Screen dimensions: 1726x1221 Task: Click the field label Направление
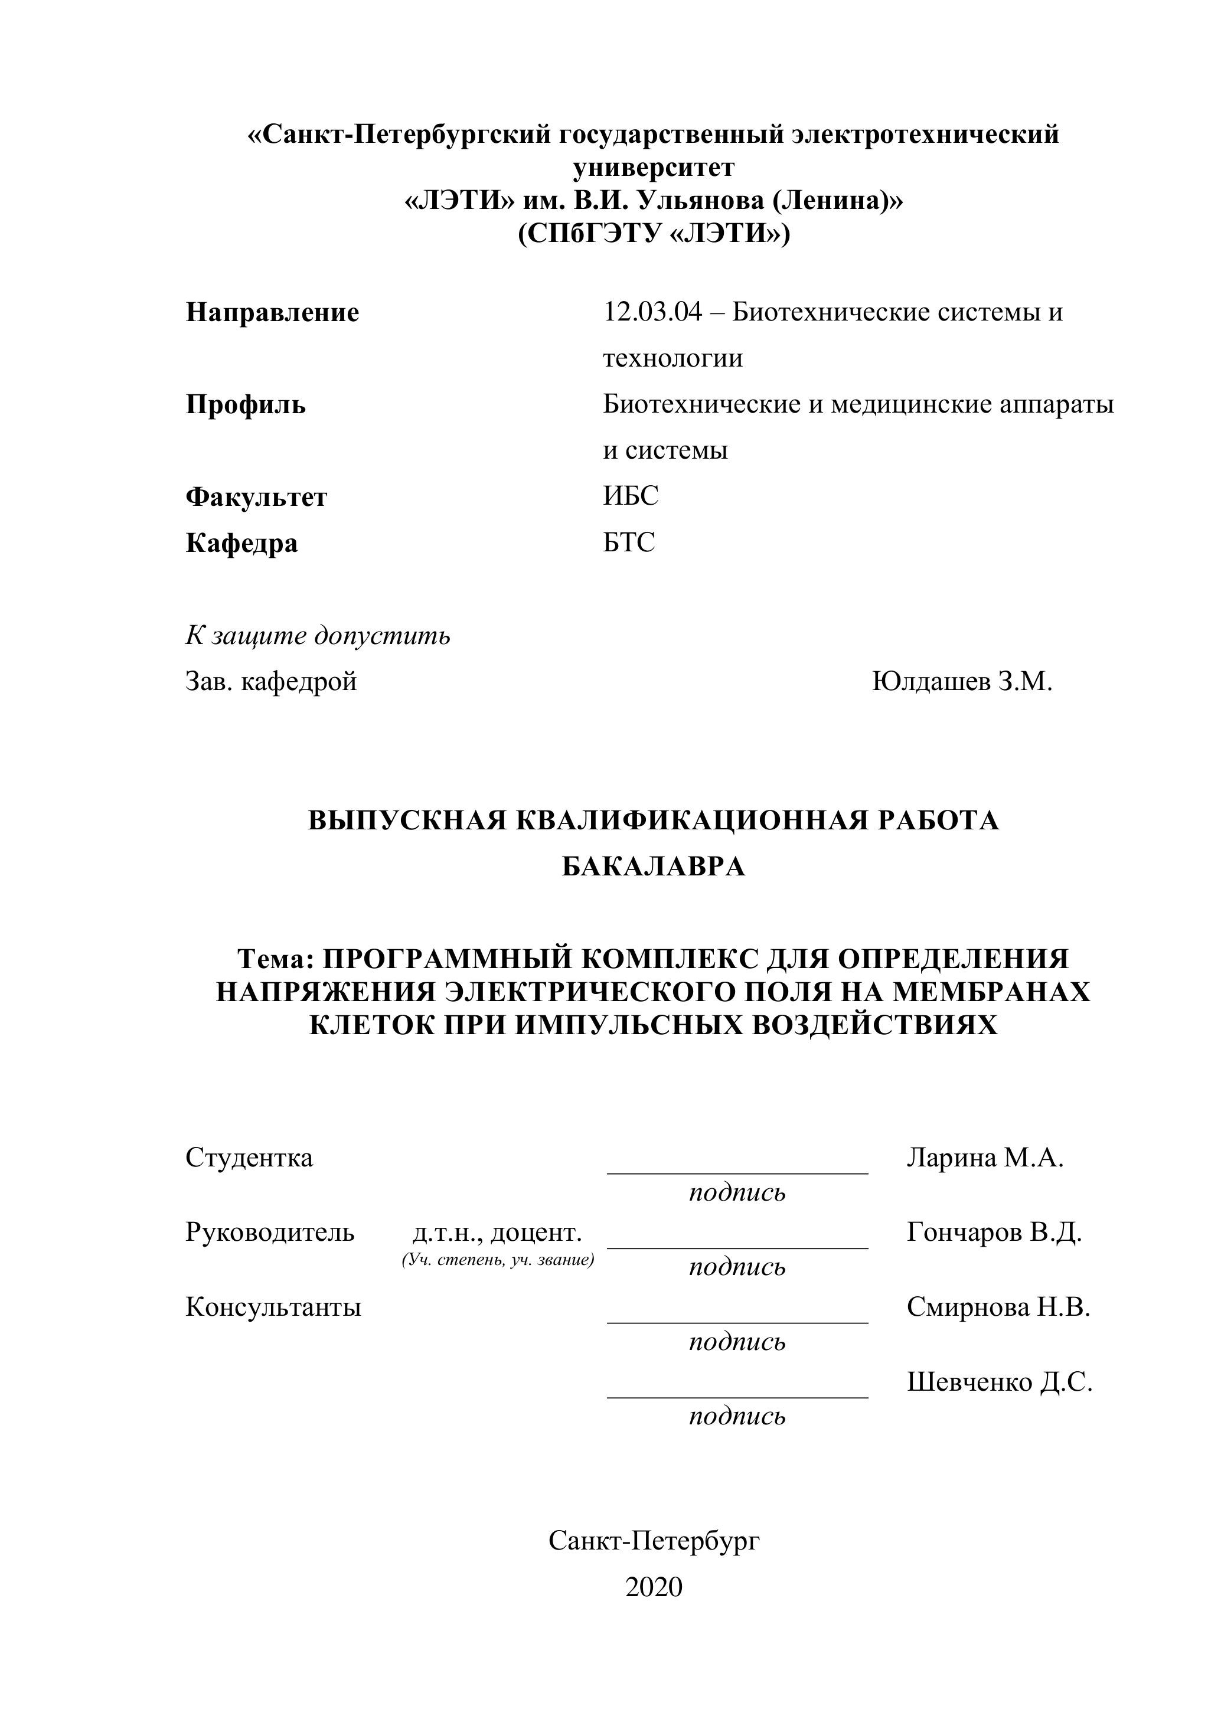coord(272,312)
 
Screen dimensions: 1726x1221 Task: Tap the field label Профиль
coord(246,404)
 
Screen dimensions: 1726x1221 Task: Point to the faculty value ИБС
coord(630,496)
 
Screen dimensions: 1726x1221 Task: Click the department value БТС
coord(629,542)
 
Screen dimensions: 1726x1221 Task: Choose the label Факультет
coord(256,497)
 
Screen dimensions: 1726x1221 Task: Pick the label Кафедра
coord(241,542)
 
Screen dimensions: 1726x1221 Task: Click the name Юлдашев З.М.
coord(962,681)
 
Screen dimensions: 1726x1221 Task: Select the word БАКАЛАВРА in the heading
coord(654,867)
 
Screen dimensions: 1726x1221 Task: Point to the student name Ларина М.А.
coord(985,1158)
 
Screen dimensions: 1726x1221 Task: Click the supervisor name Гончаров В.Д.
coord(994,1232)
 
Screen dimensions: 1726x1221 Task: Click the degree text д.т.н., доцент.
coord(498,1232)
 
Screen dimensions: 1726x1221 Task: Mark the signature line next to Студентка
coord(737,1171)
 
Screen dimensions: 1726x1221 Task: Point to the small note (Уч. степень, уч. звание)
coord(498,1260)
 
